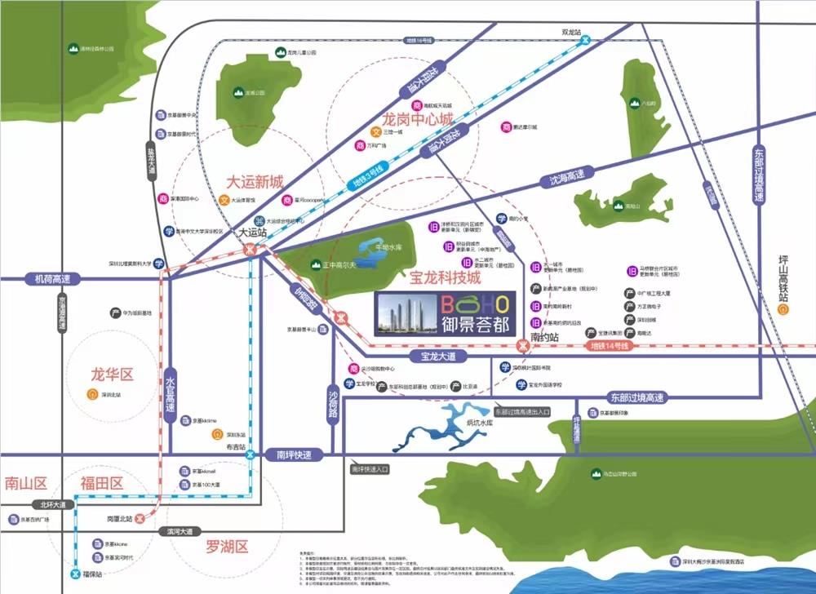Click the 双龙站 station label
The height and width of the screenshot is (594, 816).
571,33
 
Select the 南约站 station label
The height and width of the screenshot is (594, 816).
543,336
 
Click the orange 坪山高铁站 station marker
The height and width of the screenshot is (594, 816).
783,310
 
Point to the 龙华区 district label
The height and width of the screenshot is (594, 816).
112,375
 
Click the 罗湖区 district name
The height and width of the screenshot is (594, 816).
227,546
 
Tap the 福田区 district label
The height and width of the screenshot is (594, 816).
101,482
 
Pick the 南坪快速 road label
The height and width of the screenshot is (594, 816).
295,454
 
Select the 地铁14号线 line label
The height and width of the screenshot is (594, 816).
612,347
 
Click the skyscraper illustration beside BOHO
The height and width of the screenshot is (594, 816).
405,314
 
